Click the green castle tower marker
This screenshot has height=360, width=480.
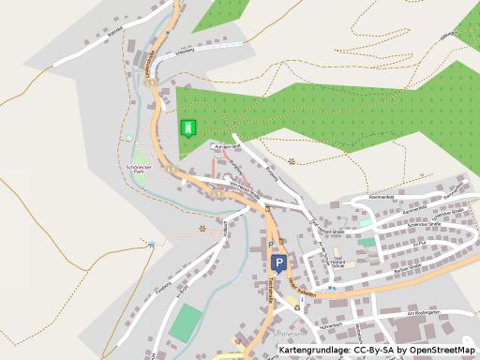click(x=188, y=127)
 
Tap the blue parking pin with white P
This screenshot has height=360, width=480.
click(x=278, y=263)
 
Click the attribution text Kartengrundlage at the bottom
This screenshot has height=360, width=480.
click(x=314, y=351)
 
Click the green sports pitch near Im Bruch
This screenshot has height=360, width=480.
click(x=186, y=322)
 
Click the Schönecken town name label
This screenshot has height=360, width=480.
click(x=288, y=333)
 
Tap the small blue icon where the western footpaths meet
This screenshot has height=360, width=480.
click(x=152, y=246)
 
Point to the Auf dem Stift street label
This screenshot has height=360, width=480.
click(x=228, y=147)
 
